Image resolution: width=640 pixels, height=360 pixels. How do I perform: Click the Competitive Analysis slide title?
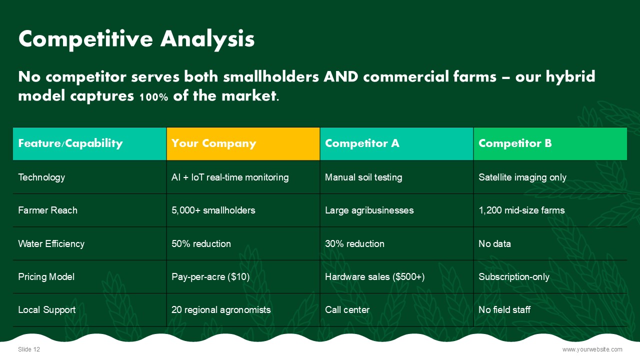(136, 39)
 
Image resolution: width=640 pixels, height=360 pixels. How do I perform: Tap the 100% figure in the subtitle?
(153, 97)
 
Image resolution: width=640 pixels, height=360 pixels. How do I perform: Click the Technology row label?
(41, 177)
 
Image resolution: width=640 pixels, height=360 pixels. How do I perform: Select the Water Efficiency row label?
(51, 243)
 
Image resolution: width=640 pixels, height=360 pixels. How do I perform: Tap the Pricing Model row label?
(46, 276)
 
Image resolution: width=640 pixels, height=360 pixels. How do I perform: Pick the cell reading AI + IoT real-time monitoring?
(230, 177)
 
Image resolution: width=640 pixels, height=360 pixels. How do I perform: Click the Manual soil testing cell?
(363, 177)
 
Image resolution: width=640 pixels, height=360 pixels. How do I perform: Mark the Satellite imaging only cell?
(522, 177)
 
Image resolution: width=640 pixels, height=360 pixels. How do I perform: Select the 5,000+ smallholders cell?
(213, 210)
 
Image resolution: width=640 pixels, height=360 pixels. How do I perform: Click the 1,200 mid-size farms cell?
(521, 210)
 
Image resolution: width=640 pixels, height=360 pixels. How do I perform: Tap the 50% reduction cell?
(201, 243)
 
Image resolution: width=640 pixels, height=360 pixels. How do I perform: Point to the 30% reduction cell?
(354, 243)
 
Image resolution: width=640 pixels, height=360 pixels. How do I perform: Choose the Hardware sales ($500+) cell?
(375, 277)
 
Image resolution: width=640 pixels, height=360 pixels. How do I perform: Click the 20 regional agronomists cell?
(221, 310)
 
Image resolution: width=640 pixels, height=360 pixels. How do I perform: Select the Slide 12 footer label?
(29, 349)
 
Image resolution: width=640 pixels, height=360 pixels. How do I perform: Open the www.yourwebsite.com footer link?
(592, 349)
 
